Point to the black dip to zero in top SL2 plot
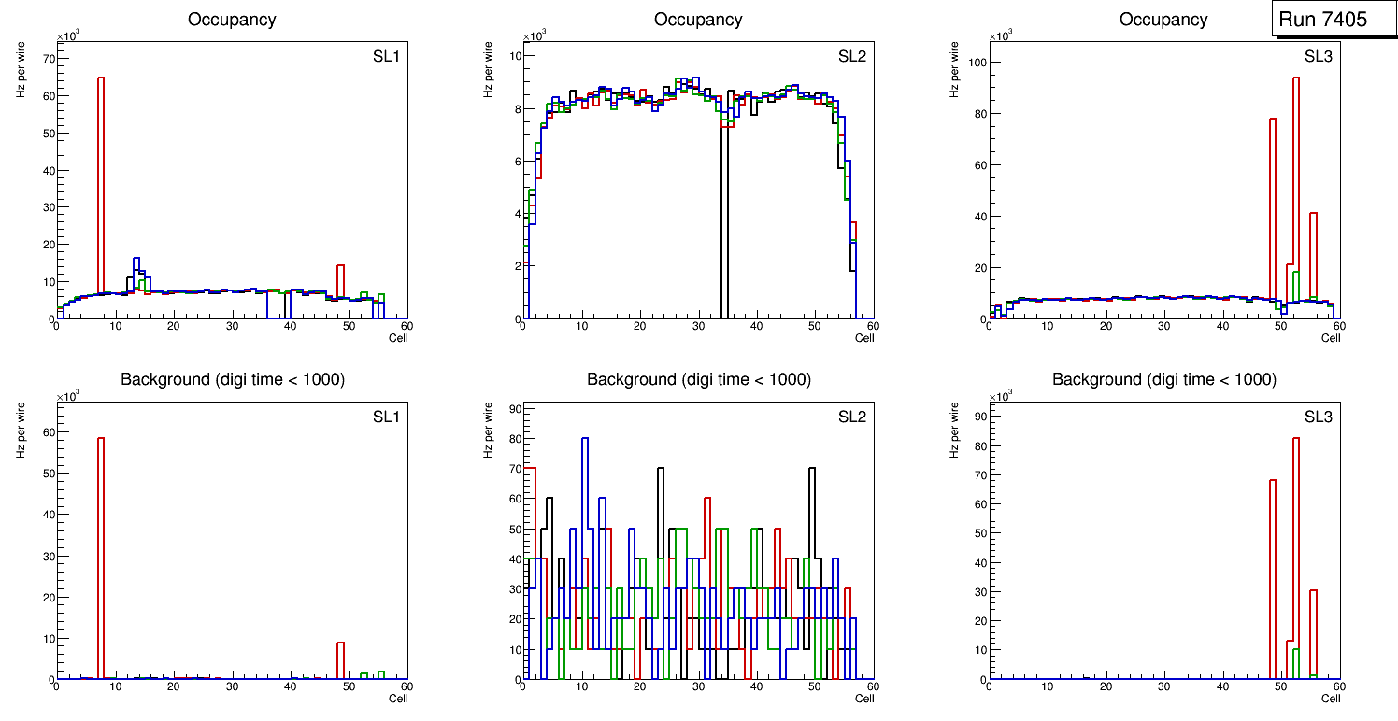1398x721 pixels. [x=723, y=233]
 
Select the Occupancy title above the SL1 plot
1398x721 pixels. [x=231, y=19]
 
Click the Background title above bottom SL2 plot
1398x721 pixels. [x=698, y=379]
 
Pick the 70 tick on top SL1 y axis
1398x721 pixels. [x=50, y=58]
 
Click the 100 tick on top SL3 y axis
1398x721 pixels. [x=979, y=63]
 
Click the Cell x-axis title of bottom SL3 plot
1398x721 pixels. [x=1331, y=698]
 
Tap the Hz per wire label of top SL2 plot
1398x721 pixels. [x=488, y=70]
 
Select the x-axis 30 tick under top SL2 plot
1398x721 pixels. [x=698, y=326]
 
